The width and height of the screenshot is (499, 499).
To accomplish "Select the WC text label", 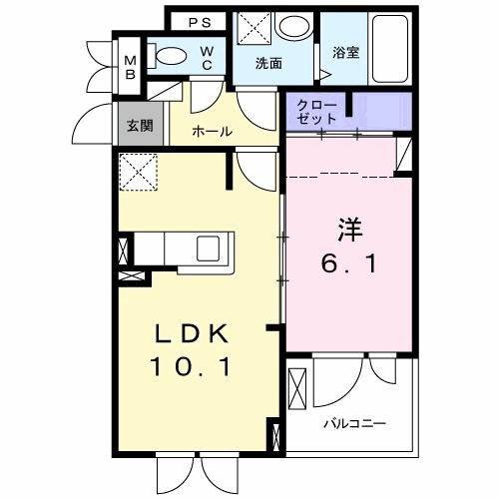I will [x=206, y=57].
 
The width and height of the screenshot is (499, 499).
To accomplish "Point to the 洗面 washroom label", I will [x=268, y=62].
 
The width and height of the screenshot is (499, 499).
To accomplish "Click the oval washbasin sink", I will [x=293, y=27].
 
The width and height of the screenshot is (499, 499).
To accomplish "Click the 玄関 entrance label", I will [x=137, y=126].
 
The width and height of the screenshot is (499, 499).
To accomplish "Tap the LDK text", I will [x=193, y=332].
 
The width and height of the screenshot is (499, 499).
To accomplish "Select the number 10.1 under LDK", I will [x=193, y=368].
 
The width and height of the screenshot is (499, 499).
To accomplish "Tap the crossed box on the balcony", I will [x=297, y=388].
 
